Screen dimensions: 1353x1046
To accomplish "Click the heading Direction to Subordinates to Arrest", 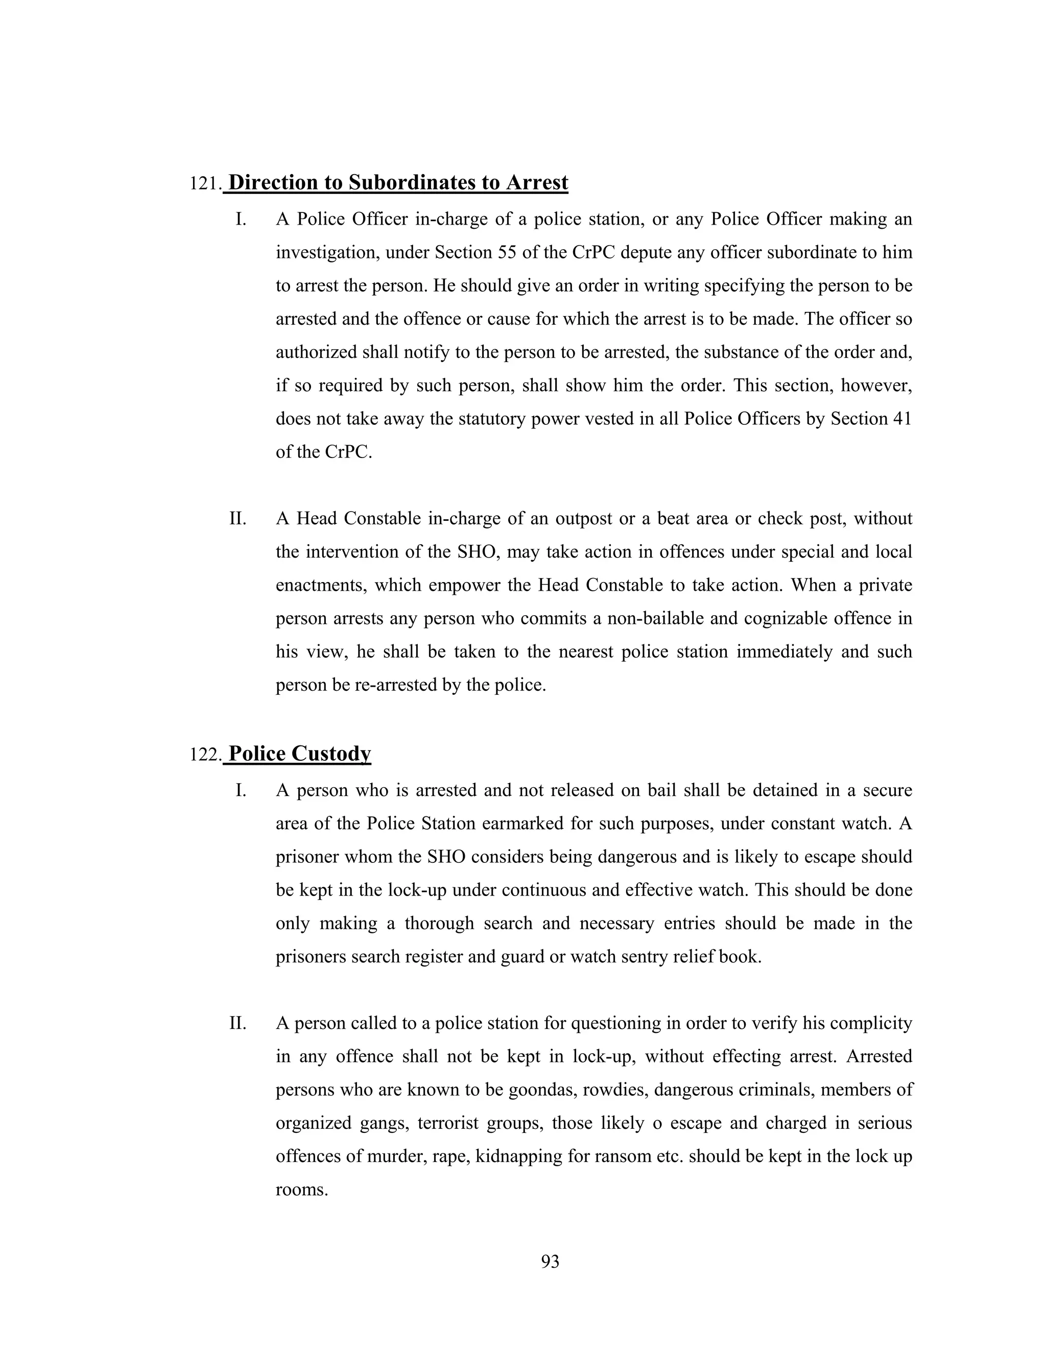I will click(x=398, y=183).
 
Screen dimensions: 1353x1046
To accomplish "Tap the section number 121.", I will click(x=204, y=184).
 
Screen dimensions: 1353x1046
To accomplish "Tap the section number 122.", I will click(x=204, y=755).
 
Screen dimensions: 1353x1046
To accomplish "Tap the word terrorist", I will click(x=448, y=1123).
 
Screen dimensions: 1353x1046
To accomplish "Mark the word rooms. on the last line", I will click(x=301, y=1190).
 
